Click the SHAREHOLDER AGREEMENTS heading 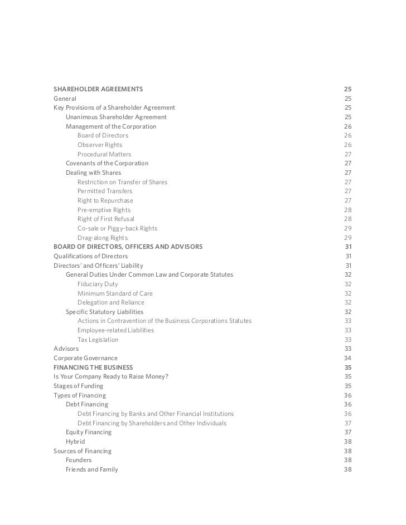[x=98, y=89]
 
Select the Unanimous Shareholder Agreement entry [x=116, y=117]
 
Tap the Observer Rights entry [x=100, y=145]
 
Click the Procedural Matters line [x=104, y=154]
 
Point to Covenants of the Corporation [x=107, y=163]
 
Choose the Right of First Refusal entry [x=105, y=219]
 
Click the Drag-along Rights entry [x=102, y=238]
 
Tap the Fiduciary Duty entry [x=98, y=284]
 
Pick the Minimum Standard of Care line [x=115, y=293]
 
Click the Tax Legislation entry [x=98, y=340]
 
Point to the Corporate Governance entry [x=85, y=358]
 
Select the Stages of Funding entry [x=78, y=386]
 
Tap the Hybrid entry [x=75, y=441]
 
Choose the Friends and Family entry [x=91, y=469]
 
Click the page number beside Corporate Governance [x=347, y=358]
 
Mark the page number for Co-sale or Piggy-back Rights [x=347, y=228]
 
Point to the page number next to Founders [x=347, y=460]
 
